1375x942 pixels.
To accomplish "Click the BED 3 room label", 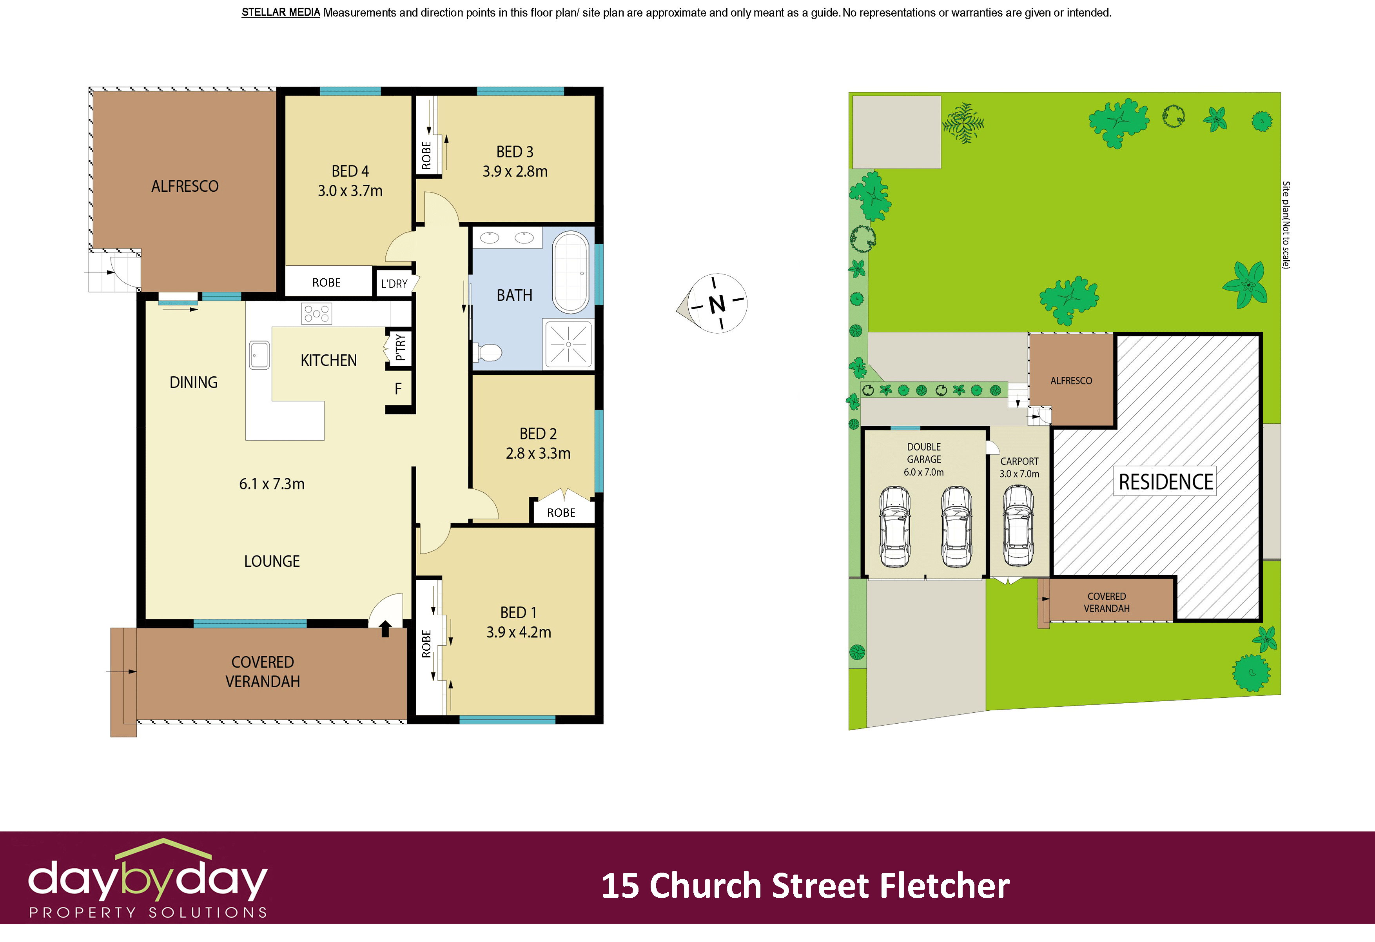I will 514,152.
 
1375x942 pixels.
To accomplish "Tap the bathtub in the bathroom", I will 570,272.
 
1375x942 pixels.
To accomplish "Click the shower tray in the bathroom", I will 568,344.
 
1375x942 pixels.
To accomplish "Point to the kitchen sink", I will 259,355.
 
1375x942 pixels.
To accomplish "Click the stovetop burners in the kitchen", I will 317,314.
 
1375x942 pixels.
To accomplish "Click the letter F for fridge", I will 398,389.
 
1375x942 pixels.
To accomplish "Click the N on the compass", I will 717,304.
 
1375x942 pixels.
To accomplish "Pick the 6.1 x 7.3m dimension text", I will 272,484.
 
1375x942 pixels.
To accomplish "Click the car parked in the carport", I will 1018,525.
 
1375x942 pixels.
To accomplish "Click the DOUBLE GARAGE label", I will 923,453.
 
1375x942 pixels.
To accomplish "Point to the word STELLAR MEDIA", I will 280,13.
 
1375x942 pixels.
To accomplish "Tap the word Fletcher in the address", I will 944,886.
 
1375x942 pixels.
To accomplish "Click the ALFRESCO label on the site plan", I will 1071,381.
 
